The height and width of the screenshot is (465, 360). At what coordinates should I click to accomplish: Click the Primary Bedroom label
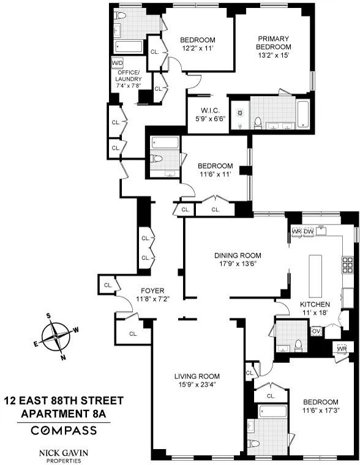click(x=272, y=42)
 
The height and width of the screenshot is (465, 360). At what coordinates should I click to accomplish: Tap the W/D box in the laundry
click(x=117, y=63)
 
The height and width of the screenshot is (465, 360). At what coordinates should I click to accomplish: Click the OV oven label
click(x=317, y=331)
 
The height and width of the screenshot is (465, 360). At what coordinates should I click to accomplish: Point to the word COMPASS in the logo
click(x=64, y=430)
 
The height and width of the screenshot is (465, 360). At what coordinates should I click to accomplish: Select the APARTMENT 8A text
click(x=64, y=414)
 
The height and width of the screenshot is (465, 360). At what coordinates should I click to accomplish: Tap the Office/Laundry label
click(x=129, y=79)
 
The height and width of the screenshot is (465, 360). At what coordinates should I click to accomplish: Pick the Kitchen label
click(x=315, y=304)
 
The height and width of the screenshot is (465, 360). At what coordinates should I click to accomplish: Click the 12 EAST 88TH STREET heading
click(x=64, y=401)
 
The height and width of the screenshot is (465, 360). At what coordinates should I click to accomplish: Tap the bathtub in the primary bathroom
click(x=304, y=114)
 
